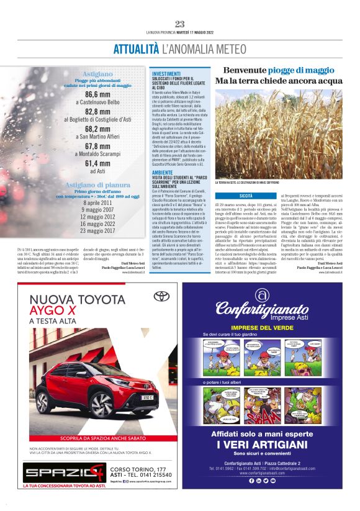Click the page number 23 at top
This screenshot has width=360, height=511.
tap(180, 24)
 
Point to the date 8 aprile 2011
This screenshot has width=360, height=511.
tap(97, 202)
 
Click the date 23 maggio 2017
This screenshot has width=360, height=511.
tap(97, 230)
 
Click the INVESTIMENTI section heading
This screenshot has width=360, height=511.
tap(166, 73)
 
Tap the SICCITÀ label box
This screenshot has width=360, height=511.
tap(246, 196)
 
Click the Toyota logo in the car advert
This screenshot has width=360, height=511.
tap(161, 296)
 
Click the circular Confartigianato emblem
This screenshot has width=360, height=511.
tap(263, 294)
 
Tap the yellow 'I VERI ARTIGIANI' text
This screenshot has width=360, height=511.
tap(263, 445)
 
